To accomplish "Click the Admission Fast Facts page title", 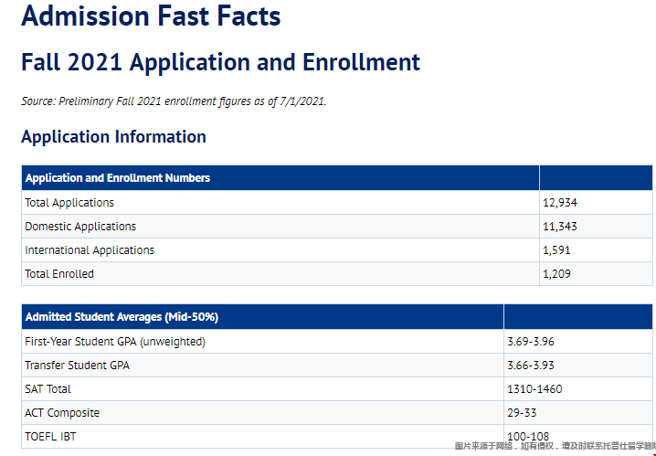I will point(151,16).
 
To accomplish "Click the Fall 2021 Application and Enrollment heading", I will point(220,62).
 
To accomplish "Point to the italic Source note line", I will point(174,101).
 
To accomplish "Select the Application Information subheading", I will point(113,137).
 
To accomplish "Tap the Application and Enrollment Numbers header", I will point(118,178).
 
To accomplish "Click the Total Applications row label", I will point(69,203).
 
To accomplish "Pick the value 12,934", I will point(560,203).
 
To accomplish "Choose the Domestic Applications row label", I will point(80,227).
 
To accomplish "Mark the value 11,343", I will point(560,227).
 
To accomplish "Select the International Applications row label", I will point(90,250).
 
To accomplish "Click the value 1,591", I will point(557,250).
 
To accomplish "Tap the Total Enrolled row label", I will point(59,274).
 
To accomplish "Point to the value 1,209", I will point(557,274).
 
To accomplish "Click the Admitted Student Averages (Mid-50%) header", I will point(122,317).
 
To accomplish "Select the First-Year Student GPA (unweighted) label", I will point(115,342).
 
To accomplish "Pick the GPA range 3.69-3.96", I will point(531,342).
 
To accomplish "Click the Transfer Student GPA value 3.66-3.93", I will point(531,366).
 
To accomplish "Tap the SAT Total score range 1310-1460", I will point(534,389).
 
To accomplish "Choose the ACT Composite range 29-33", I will point(523,413).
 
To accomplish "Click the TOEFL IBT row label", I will point(51,437).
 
